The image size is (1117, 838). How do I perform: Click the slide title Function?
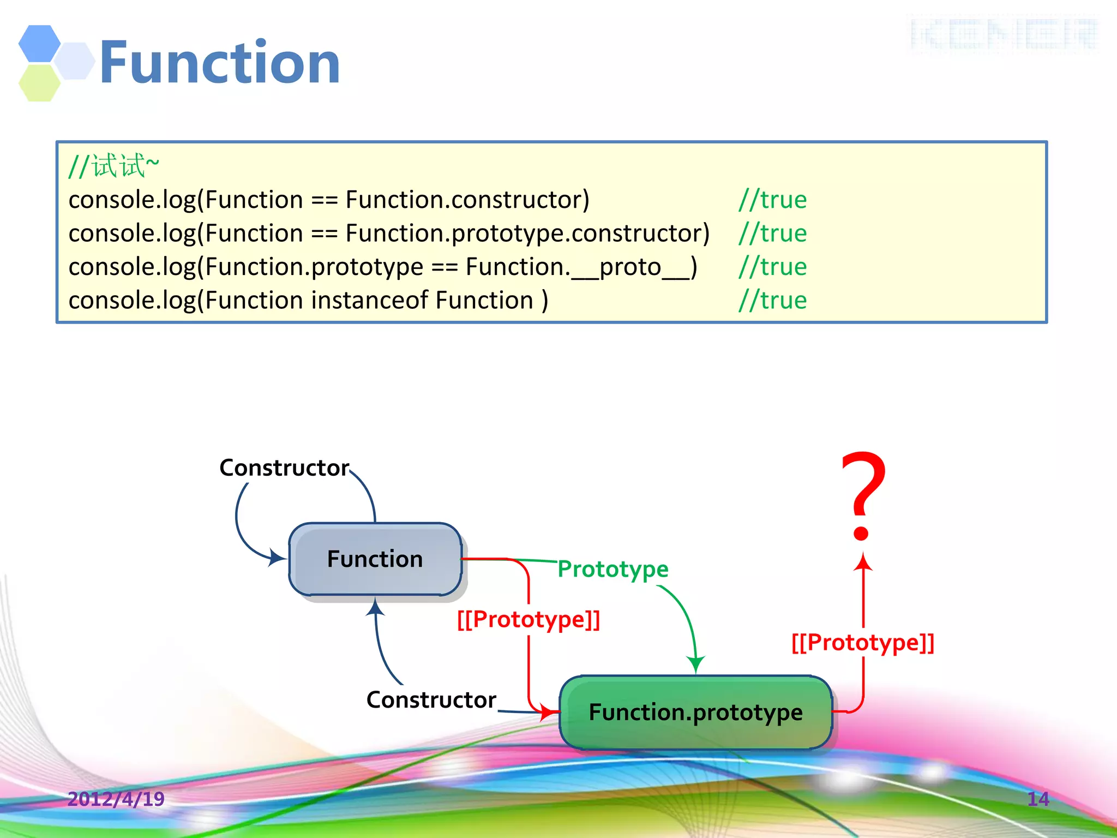(x=220, y=63)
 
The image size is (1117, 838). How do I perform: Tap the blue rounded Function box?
(x=375, y=559)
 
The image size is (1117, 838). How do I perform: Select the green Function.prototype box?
(x=695, y=712)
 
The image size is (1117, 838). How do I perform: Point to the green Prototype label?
(x=613, y=569)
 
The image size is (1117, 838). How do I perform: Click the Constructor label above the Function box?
(x=284, y=468)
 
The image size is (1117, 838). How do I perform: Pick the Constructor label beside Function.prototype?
(x=431, y=699)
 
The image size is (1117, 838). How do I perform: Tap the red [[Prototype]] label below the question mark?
(x=863, y=642)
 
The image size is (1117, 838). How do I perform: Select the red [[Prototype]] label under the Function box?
(x=529, y=619)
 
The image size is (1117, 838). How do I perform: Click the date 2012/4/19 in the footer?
(x=116, y=799)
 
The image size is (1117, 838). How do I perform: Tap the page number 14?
(x=1038, y=799)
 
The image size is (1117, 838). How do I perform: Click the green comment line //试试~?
(x=114, y=166)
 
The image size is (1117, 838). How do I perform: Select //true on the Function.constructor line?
(x=772, y=200)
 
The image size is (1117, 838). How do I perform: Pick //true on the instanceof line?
(x=772, y=300)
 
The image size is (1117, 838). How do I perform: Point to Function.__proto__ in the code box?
(x=581, y=267)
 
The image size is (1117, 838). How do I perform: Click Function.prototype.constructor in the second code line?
(x=527, y=233)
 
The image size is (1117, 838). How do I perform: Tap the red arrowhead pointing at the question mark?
(x=863, y=562)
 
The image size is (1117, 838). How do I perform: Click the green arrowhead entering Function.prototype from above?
(x=696, y=665)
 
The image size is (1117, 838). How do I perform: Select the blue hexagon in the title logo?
(x=39, y=43)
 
